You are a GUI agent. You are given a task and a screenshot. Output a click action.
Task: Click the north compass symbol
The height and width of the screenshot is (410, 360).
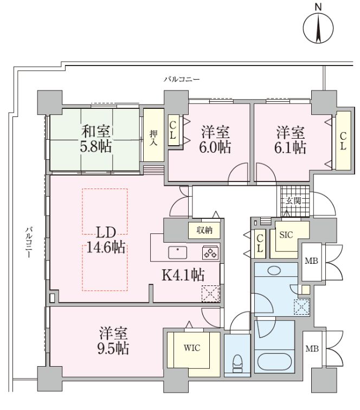coord(318,29)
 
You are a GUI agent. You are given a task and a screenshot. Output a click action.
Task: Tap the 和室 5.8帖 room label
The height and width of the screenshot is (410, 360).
coord(98,139)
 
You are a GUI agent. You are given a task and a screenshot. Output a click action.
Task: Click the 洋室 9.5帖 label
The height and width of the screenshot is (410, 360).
coord(113,341)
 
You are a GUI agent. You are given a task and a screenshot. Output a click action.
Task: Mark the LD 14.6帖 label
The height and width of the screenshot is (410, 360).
coord(104,240)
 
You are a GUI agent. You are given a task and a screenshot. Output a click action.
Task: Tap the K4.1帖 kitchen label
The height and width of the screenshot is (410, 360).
coord(183,275)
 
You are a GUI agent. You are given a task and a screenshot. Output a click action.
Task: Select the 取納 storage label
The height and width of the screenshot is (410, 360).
coord(204,230)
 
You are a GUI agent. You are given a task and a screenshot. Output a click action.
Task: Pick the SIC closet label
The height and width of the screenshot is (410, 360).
coord(286,235)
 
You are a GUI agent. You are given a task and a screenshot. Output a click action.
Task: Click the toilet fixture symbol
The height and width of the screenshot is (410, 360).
coord(237,363)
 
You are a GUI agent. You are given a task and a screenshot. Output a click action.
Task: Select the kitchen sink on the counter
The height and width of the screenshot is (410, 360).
coord(178,251)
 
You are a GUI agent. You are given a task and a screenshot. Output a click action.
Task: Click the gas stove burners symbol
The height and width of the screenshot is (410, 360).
coord(210,252)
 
